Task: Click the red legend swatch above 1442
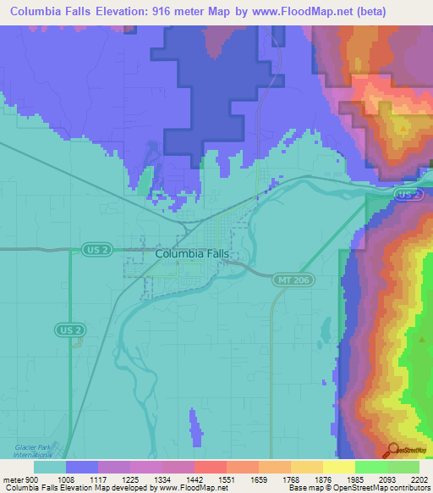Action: (210, 467)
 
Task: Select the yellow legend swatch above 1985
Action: (338, 467)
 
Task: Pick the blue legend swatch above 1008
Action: (81, 467)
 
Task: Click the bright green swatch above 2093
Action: (370, 467)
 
